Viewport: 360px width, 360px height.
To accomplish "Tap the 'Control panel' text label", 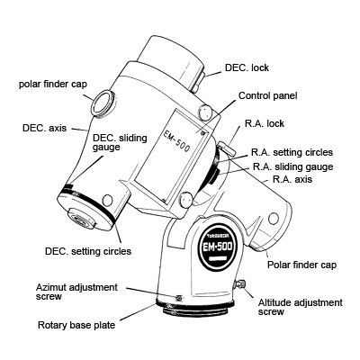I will (x=267, y=95).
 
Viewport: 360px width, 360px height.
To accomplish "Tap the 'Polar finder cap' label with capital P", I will (x=302, y=266).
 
